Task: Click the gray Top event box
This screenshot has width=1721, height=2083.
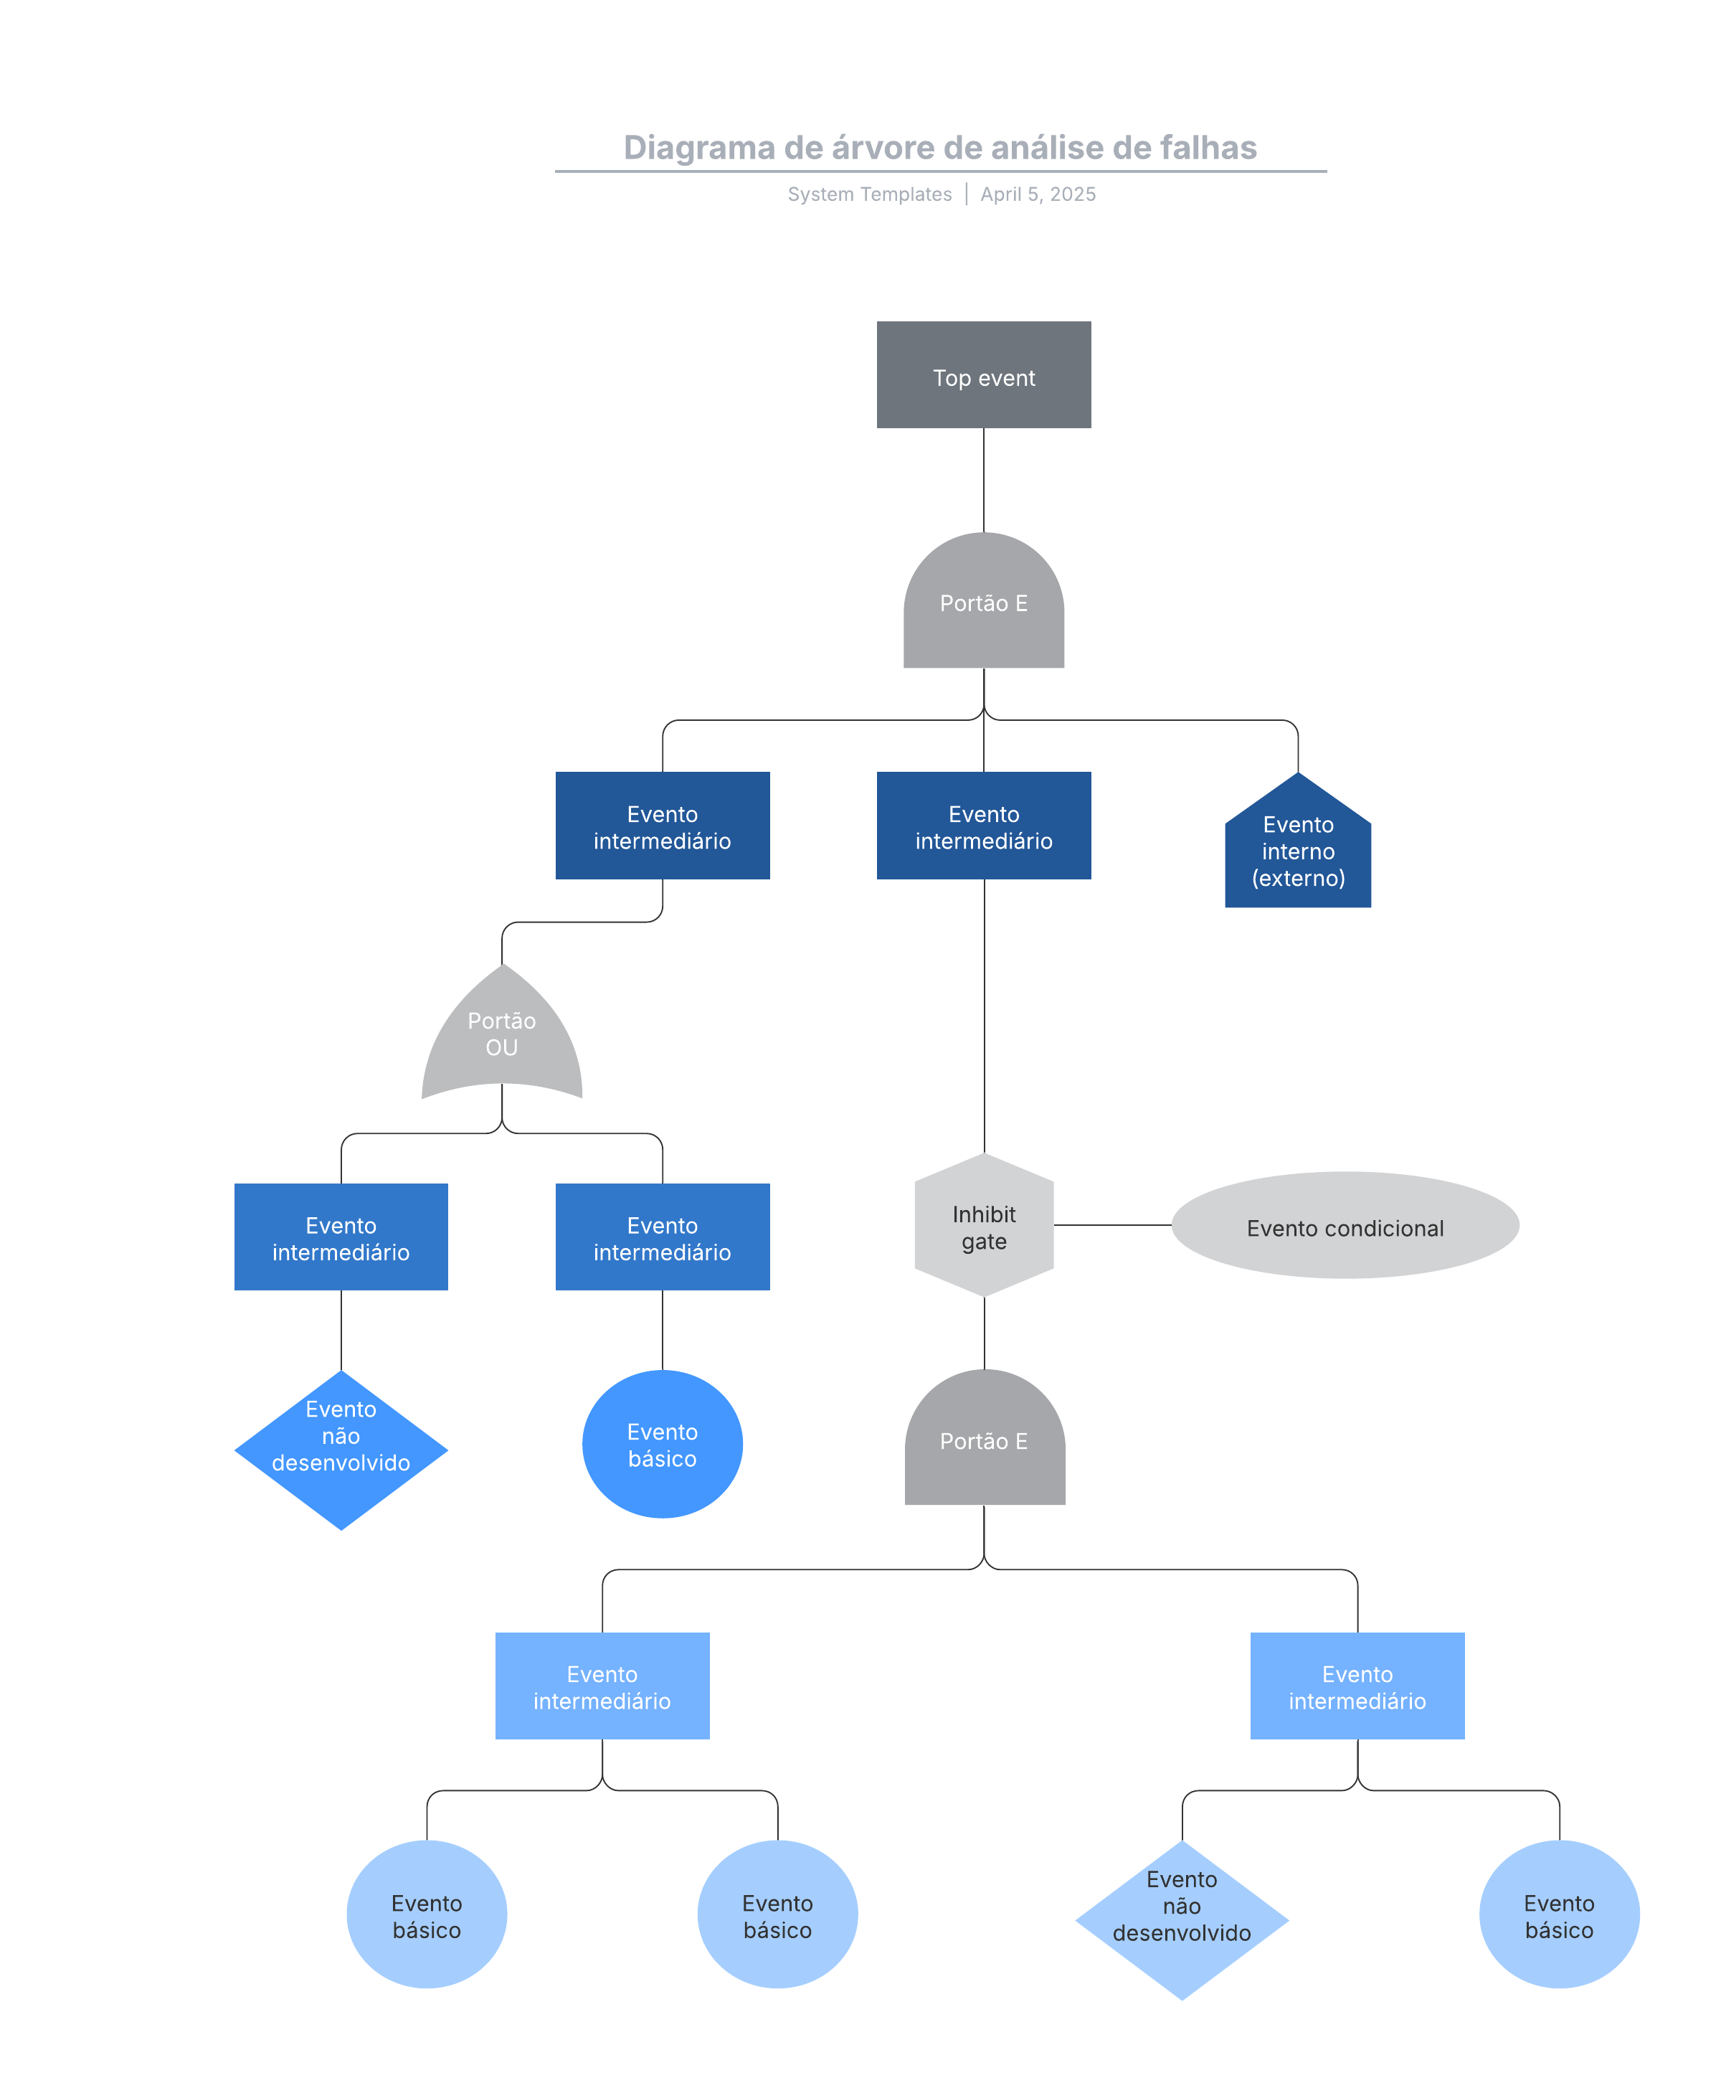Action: pyautogui.click(x=983, y=374)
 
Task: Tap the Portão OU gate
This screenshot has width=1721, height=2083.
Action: pyautogui.click(x=502, y=1035)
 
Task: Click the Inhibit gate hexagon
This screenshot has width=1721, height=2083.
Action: pyautogui.click(x=983, y=1227)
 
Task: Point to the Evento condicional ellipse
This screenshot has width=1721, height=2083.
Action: pyautogui.click(x=1345, y=1227)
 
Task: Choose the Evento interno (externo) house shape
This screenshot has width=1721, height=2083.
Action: pyautogui.click(x=1298, y=850)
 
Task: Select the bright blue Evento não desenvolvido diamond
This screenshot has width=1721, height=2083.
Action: pyautogui.click(x=341, y=1450)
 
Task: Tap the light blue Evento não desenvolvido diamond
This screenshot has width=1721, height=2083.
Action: pyautogui.click(x=1182, y=1919)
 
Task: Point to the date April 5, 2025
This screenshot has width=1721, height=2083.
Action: pyautogui.click(x=1038, y=194)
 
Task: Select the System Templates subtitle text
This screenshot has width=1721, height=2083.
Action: pyautogui.click(x=869, y=194)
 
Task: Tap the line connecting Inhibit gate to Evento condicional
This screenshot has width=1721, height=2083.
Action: pyautogui.click(x=1112, y=1225)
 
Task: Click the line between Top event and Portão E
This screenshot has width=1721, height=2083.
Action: pyautogui.click(x=983, y=480)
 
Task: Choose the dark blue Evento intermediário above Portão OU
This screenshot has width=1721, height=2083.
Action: pyautogui.click(x=663, y=826)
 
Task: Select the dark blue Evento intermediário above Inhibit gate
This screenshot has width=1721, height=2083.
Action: pyautogui.click(x=983, y=826)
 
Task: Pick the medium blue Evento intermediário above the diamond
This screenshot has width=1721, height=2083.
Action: pyautogui.click(x=341, y=1237)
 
